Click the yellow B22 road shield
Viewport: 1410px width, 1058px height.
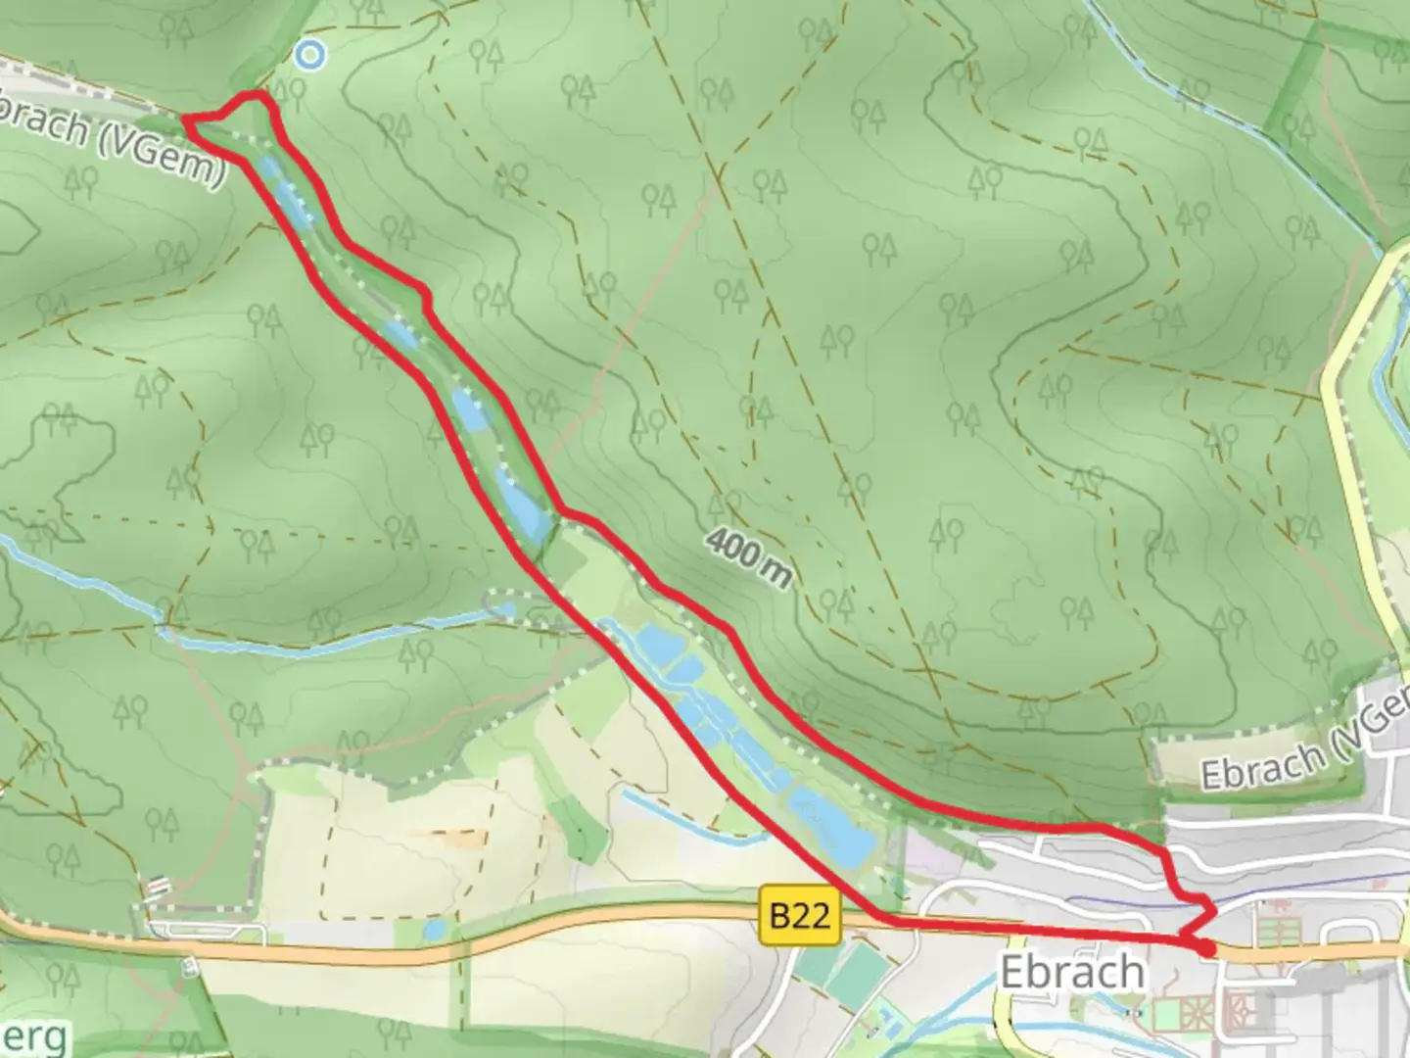click(800, 916)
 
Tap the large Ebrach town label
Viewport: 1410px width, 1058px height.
click(1072, 972)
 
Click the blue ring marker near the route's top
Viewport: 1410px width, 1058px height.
click(310, 55)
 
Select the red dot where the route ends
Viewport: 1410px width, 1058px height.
click(1206, 948)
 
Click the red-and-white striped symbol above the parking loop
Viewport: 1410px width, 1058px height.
click(157, 886)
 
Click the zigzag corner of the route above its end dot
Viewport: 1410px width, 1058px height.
click(1212, 911)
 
